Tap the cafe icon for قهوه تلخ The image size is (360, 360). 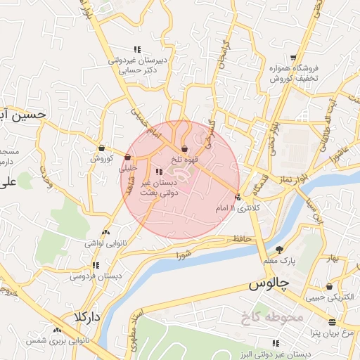184,148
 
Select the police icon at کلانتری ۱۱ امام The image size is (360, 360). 238,198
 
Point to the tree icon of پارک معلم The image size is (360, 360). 279,250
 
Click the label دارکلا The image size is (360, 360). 83,317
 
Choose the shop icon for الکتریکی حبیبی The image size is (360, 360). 329,286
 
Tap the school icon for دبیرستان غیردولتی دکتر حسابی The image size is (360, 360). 137,49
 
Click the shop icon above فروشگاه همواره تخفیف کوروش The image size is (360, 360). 293,58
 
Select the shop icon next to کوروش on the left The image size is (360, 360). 102,148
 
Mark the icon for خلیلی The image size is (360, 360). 128,157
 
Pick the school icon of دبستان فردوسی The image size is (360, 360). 95,265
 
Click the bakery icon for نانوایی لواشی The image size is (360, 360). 105,231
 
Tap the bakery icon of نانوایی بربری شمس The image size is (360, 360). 57,329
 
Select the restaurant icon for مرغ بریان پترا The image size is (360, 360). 332,321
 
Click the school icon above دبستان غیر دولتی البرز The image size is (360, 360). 276,343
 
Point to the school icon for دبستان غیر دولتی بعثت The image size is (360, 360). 157,171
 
